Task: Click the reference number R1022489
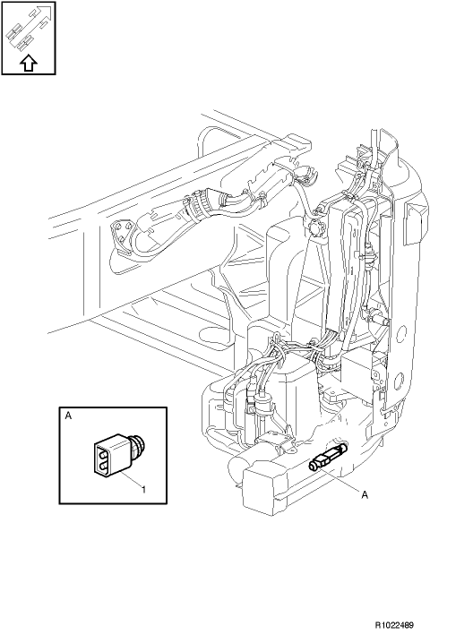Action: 394,625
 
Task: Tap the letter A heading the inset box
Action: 68,416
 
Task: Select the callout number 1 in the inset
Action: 143,489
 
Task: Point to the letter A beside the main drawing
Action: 365,495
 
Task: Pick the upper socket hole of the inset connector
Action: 102,453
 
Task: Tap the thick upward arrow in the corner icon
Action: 29,64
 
